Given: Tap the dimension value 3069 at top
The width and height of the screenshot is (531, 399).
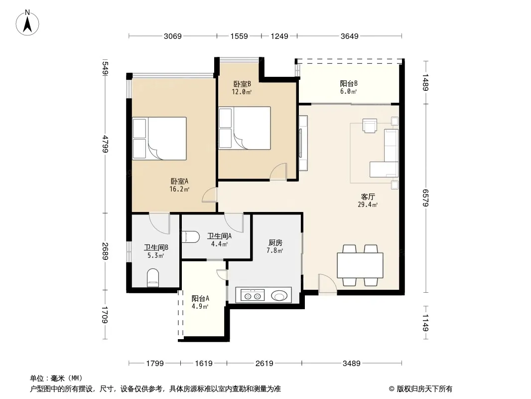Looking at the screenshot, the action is pyautogui.click(x=173, y=36).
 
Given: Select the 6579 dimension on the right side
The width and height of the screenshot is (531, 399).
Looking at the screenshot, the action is pyautogui.click(x=426, y=198).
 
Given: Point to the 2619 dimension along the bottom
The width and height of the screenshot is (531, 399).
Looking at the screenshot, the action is pyautogui.click(x=264, y=364).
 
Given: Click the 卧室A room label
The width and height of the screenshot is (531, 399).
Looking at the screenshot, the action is pyautogui.click(x=179, y=182).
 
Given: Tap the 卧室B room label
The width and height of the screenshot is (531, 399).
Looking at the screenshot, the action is pyautogui.click(x=242, y=84).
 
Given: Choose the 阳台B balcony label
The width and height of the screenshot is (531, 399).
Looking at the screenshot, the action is pyautogui.click(x=349, y=83).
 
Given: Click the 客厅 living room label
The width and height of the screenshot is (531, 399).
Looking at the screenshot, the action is pyautogui.click(x=368, y=197).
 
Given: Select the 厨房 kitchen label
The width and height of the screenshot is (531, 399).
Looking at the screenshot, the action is pyautogui.click(x=275, y=243).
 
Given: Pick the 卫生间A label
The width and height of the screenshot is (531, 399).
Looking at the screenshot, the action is pyautogui.click(x=220, y=236).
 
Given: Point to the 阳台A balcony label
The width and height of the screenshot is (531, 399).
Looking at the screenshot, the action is pyautogui.click(x=200, y=299).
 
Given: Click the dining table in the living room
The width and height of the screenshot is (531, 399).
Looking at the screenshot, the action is pyautogui.click(x=360, y=265).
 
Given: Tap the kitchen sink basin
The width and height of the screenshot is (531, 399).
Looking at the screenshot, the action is pyautogui.click(x=279, y=296).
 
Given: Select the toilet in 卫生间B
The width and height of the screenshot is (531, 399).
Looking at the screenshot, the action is pyautogui.click(x=153, y=278).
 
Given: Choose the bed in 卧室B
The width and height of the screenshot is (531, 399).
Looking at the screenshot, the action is pyautogui.click(x=245, y=128).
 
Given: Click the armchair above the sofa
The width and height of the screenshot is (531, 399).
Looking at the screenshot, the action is pyautogui.click(x=370, y=125).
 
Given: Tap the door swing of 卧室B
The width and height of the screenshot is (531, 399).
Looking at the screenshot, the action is pyautogui.click(x=278, y=171).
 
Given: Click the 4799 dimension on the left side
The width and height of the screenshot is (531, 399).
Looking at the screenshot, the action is pyautogui.click(x=106, y=144).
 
